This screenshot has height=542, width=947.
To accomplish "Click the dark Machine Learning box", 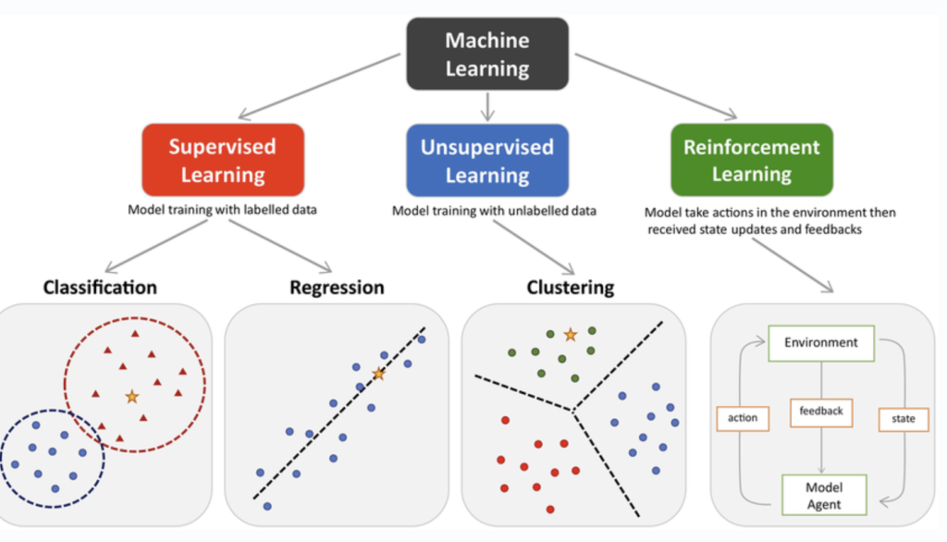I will (486, 54).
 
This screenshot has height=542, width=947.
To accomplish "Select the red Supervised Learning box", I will (222, 160).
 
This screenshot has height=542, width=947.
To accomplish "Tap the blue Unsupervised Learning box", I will (486, 160).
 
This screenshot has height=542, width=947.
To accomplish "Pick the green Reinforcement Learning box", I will (751, 160).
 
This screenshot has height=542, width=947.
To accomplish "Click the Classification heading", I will (100, 287).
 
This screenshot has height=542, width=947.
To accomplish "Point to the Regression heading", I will (337, 287).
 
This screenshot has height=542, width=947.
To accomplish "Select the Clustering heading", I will (570, 287).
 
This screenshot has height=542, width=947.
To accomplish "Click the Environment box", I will (820, 342).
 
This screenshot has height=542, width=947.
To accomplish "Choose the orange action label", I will (743, 418).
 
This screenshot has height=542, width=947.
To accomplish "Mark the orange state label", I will (903, 419).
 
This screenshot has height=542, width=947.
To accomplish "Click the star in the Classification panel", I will (131, 396).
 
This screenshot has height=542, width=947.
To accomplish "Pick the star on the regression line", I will (377, 374).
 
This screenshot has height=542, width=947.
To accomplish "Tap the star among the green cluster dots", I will (571, 333).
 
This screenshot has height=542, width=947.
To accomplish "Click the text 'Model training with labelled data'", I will (222, 210).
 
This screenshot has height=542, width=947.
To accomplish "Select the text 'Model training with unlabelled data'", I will (494, 210).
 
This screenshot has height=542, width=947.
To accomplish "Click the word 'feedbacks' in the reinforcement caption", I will (833, 229).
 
